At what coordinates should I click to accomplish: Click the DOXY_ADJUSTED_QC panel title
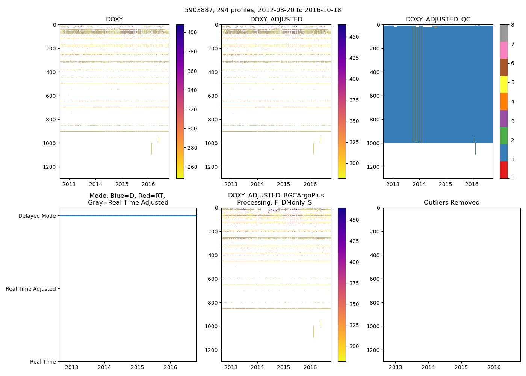click(438, 20)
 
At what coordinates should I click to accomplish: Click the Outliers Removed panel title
click(452, 203)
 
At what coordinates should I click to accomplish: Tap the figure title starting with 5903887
click(263, 10)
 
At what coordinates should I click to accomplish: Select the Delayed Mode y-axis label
click(37, 216)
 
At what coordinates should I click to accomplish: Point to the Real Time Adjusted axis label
click(31, 289)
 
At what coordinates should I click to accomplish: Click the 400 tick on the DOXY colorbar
click(192, 33)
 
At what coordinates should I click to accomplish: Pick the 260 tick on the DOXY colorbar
click(192, 167)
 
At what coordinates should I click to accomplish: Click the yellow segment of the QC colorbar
click(503, 84)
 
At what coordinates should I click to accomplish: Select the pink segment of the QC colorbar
click(503, 50)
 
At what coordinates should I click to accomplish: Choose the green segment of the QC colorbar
click(503, 135)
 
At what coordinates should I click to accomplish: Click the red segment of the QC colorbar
click(503, 170)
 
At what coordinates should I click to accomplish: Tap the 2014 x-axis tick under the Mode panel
click(104, 367)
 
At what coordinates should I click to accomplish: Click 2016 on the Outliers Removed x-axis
click(494, 367)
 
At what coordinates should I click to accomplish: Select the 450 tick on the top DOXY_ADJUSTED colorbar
click(354, 37)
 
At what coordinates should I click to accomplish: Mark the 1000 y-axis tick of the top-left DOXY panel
click(49, 143)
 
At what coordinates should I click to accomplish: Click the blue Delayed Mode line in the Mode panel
click(128, 215)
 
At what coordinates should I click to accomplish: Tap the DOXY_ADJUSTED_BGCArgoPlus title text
click(276, 196)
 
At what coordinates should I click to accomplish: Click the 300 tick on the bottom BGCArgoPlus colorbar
click(354, 346)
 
